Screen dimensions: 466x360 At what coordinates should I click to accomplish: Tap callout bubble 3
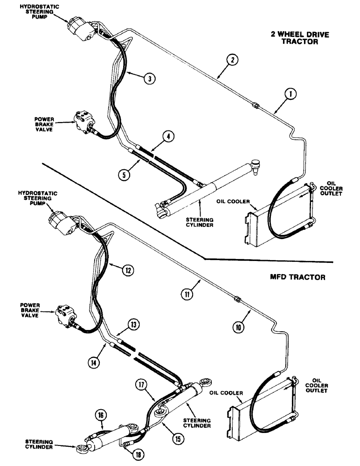pyautogui.click(x=149, y=78)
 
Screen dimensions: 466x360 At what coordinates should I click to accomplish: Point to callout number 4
pyautogui.click(x=168, y=136)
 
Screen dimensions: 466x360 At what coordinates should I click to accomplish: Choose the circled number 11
pyautogui.click(x=187, y=294)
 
